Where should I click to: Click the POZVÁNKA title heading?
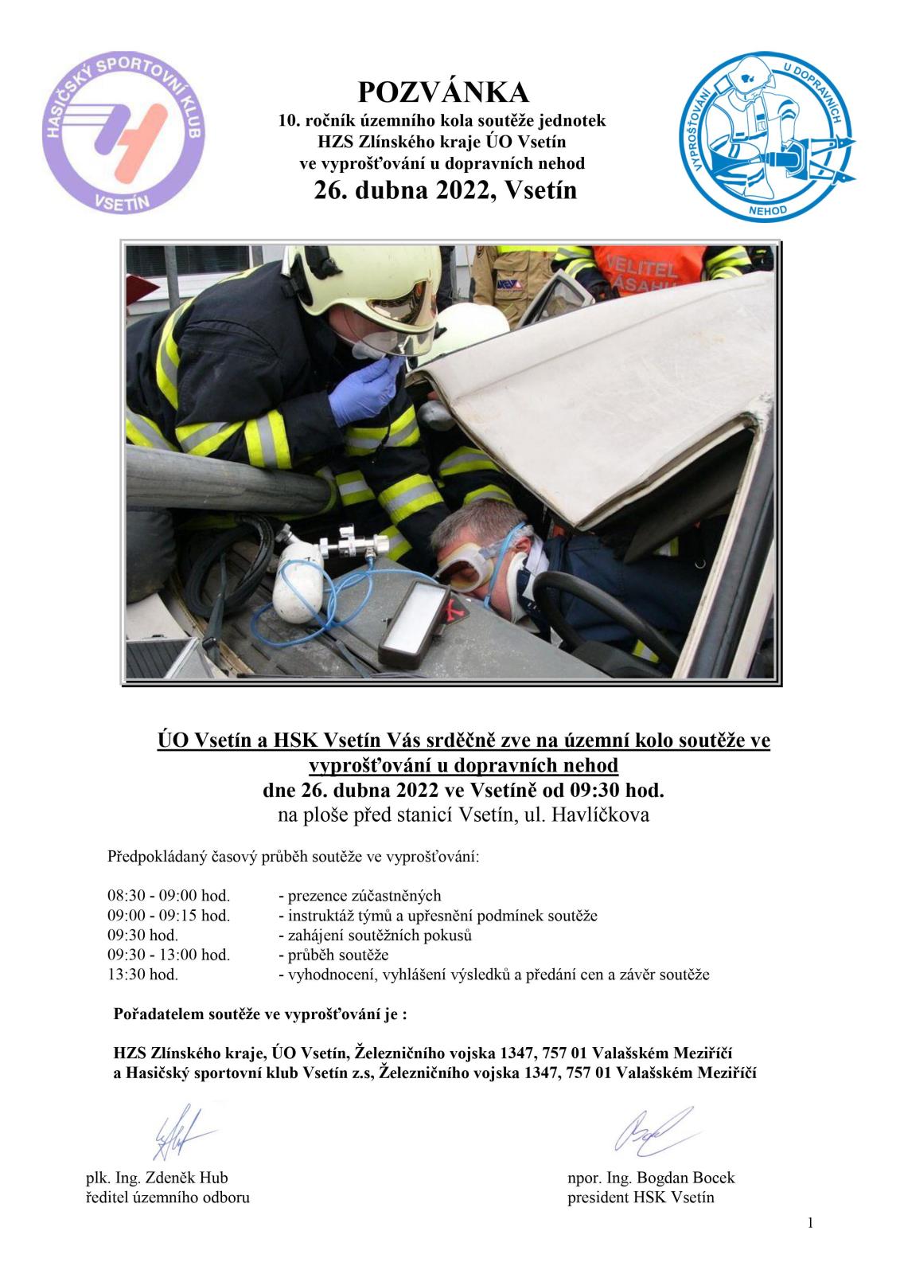coord(443,92)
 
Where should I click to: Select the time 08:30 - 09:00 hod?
coord(169,896)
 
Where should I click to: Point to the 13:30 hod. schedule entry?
coord(143,974)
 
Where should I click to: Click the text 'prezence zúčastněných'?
coord(360,896)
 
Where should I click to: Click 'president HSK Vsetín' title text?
coord(641,1198)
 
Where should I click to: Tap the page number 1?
coord(810,1224)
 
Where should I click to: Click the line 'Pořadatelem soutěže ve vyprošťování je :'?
coord(261,1015)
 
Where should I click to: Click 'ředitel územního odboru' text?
coord(168,1198)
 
